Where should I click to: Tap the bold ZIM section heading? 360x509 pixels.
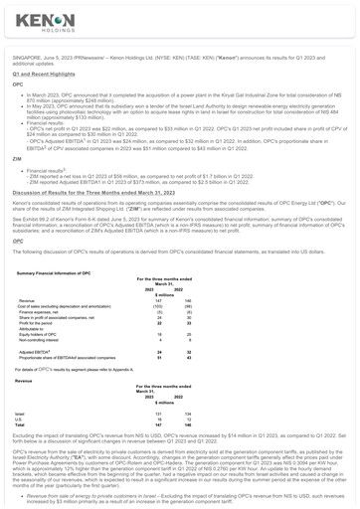[x=16, y=158]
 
